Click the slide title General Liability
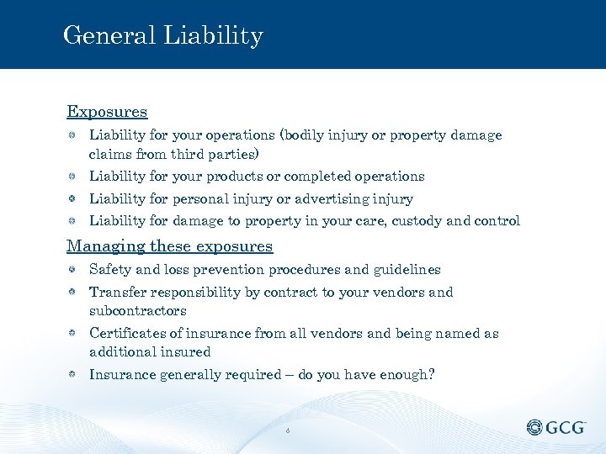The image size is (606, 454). point(162,36)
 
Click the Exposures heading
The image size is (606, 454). point(107,112)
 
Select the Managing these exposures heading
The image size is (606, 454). point(170,246)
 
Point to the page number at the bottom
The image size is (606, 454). point(288,430)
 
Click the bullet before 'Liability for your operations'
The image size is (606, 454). point(74,135)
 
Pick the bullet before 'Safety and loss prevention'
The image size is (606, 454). point(74,270)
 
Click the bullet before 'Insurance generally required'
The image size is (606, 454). point(74,374)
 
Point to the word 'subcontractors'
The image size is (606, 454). point(138,311)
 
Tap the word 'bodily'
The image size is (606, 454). point(315,135)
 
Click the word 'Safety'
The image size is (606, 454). point(109,270)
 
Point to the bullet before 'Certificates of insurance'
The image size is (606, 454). point(74,334)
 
